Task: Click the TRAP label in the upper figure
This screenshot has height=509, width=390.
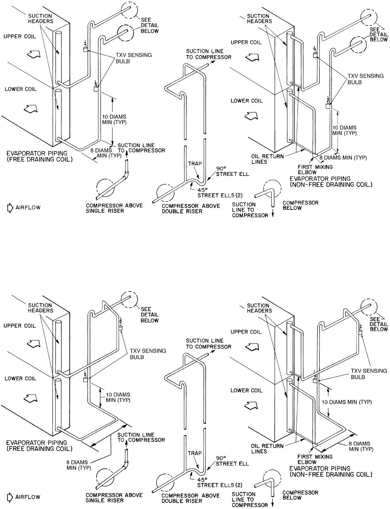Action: (194, 163)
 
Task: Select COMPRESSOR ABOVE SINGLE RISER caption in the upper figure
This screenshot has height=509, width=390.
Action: (114, 208)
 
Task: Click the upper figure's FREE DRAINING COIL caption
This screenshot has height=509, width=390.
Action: (39, 156)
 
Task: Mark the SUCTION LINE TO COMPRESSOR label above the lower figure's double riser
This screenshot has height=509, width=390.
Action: (208, 344)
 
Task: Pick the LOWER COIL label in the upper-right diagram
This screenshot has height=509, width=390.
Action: (246, 101)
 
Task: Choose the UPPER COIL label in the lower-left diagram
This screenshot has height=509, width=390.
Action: (19, 326)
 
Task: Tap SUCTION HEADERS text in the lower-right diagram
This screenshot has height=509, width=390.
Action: (259, 308)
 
